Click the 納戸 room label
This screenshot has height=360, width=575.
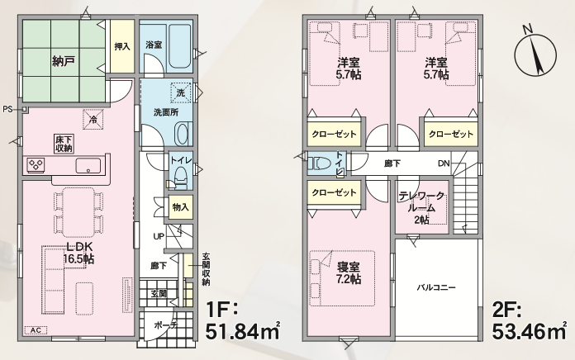[x=64, y=61]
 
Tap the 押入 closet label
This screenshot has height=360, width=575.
[x=122, y=46]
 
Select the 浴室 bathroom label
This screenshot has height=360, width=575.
[x=154, y=45]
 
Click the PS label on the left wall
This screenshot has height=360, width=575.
[x=7, y=109]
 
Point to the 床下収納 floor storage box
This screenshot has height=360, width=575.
[x=64, y=144]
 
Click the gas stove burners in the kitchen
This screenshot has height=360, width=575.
[x=36, y=164]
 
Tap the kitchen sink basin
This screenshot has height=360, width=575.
[x=88, y=165]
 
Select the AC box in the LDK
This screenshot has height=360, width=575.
[x=36, y=330]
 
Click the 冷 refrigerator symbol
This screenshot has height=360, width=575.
[x=93, y=120]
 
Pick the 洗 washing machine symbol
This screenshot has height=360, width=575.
[x=181, y=92]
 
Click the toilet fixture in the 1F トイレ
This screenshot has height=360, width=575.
[x=180, y=177]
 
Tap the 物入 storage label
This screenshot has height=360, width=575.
[x=180, y=207]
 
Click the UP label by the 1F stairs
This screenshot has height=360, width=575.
[x=159, y=236]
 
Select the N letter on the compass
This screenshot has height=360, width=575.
[x=528, y=30]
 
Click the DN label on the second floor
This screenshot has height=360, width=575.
[x=444, y=163]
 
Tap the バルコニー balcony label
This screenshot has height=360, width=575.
[x=436, y=287]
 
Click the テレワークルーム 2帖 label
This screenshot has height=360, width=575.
[x=421, y=208]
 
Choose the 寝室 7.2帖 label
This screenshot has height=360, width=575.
[x=349, y=272]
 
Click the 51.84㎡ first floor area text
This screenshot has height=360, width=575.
[x=243, y=331]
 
